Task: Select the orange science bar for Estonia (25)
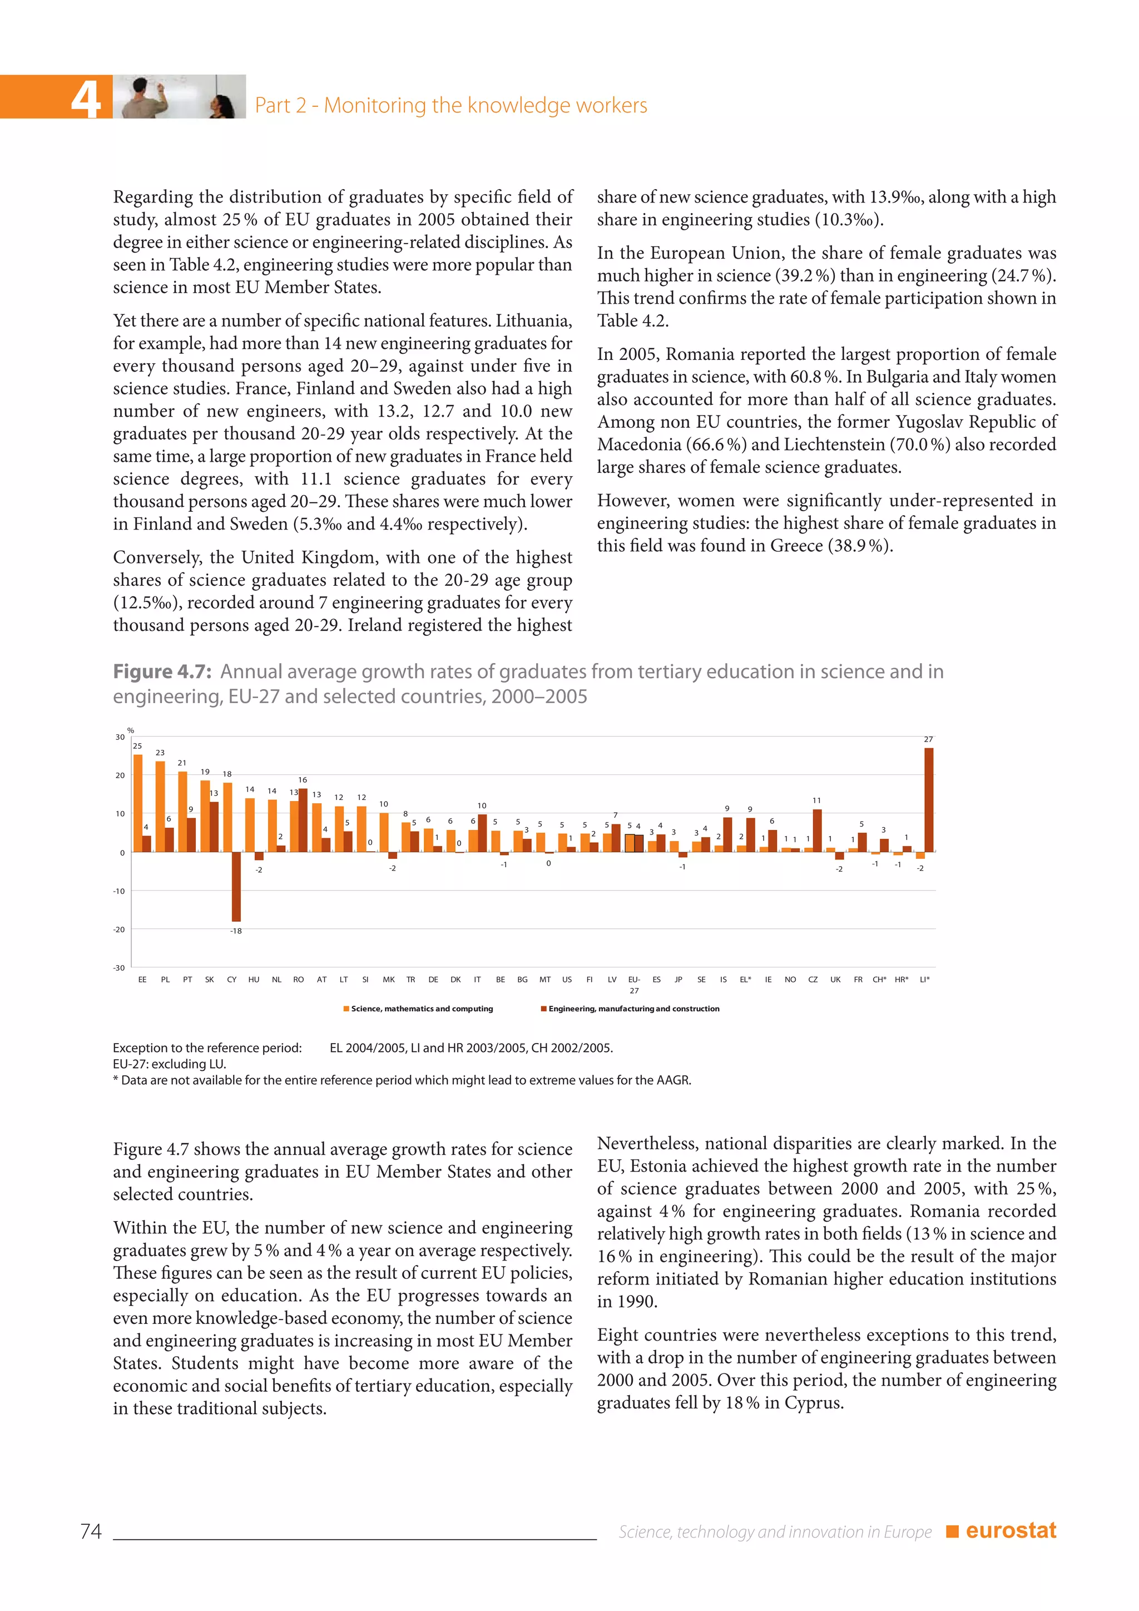click(x=138, y=803)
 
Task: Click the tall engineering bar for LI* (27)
click(x=929, y=800)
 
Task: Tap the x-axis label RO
click(x=299, y=980)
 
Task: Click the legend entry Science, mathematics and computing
click(x=421, y=1009)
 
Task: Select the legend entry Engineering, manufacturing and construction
click(x=632, y=1009)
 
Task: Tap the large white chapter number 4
click(x=86, y=98)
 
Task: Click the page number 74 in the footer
click(x=91, y=1531)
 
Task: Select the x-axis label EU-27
click(x=634, y=985)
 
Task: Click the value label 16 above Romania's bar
click(x=303, y=779)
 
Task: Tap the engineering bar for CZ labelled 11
click(x=817, y=831)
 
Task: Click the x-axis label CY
click(x=231, y=980)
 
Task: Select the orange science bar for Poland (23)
click(x=161, y=807)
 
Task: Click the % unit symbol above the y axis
click(x=131, y=730)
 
